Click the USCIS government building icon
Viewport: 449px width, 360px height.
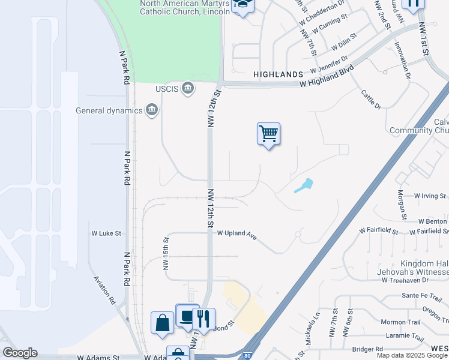coord(188,89)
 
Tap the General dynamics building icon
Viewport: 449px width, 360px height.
coord(151,110)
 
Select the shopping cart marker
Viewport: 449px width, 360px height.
coord(268,134)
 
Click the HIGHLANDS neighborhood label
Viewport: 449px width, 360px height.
coord(278,74)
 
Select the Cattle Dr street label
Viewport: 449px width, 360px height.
coord(371,99)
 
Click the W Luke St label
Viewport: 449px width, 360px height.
coord(106,233)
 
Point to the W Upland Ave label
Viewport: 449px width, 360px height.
coord(237,234)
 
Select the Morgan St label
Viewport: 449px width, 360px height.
coord(402,204)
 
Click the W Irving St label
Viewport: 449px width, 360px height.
coord(430,196)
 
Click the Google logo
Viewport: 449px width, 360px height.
coord(20,353)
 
